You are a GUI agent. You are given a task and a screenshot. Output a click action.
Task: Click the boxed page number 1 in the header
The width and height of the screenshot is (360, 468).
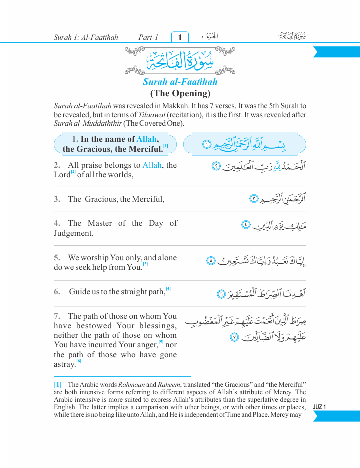180,37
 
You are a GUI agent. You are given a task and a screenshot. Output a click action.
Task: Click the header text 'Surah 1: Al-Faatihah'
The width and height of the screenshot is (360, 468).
86,37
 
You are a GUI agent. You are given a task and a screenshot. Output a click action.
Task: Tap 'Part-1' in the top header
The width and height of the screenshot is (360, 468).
148,37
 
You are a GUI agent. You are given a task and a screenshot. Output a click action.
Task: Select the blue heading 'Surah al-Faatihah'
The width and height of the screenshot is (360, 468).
180,82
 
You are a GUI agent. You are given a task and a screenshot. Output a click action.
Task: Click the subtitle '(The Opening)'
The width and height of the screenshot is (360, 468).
180,93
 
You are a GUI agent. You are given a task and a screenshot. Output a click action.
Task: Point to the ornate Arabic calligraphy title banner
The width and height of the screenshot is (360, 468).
180,60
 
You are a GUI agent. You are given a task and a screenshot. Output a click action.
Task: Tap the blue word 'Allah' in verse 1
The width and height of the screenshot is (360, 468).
147,139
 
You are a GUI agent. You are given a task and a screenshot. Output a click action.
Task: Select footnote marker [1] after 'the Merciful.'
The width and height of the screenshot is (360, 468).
165,146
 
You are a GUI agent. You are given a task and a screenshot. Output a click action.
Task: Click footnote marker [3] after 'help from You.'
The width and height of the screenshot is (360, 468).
145,264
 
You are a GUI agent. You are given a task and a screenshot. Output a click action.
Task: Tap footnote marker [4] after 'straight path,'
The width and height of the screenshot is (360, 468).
168,289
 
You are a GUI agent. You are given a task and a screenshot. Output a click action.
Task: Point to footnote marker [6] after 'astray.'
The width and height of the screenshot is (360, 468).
79,361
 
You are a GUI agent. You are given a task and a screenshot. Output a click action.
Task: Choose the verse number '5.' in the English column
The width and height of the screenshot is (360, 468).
57,258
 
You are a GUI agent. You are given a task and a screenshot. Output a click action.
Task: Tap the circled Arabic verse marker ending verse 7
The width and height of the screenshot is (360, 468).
233,337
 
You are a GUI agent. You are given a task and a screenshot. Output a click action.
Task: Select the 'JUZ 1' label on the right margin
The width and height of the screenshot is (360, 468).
319,407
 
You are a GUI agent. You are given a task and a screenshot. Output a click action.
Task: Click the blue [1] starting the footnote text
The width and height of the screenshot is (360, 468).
58,384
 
